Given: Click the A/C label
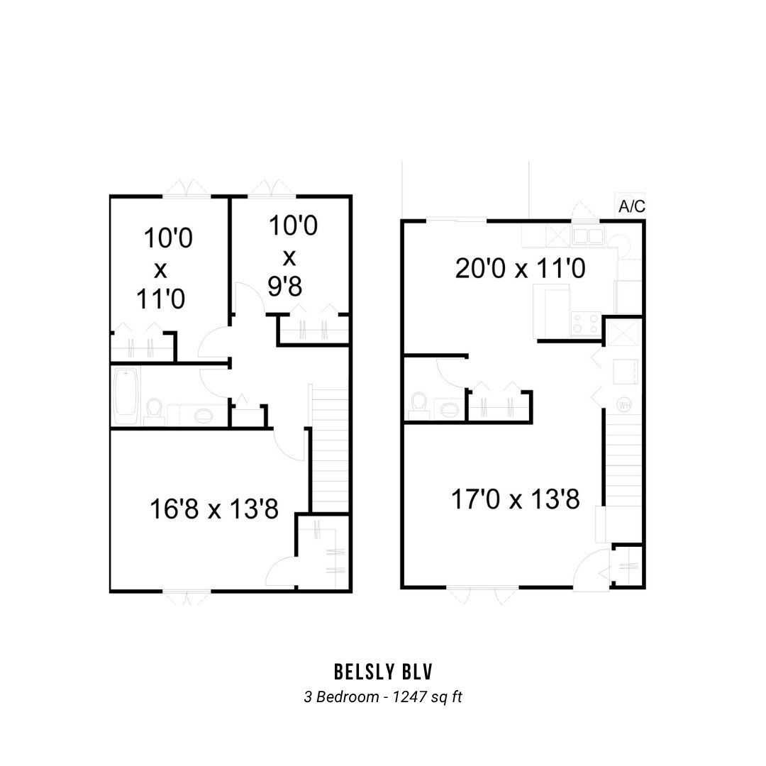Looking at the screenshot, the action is pyautogui.click(x=632, y=206).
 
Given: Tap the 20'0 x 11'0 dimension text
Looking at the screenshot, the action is pyautogui.click(x=520, y=269).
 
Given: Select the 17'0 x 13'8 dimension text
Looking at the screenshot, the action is pyautogui.click(x=515, y=499).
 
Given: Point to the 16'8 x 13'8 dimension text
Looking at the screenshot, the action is pyautogui.click(x=214, y=509).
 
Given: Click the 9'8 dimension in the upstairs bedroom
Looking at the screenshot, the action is pyautogui.click(x=285, y=287).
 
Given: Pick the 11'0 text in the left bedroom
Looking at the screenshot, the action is pyautogui.click(x=160, y=299).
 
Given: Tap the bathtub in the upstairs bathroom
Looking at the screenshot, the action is pyautogui.click(x=126, y=396).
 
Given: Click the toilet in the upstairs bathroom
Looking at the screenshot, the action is pyautogui.click(x=153, y=411).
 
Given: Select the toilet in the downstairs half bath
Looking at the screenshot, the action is pyautogui.click(x=418, y=405).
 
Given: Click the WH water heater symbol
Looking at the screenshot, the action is pyautogui.click(x=623, y=404).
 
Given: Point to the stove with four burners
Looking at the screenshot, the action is pyautogui.click(x=586, y=323).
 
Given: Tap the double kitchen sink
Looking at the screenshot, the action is pyautogui.click(x=588, y=235).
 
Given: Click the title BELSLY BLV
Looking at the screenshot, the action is pyautogui.click(x=383, y=672).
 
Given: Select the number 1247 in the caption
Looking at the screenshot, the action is pyautogui.click(x=409, y=696).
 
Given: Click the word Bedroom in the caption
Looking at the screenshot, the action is pyautogui.click(x=348, y=696).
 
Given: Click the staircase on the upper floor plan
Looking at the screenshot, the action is pyautogui.click(x=330, y=448).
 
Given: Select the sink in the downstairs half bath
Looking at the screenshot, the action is pyautogui.click(x=450, y=409).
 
